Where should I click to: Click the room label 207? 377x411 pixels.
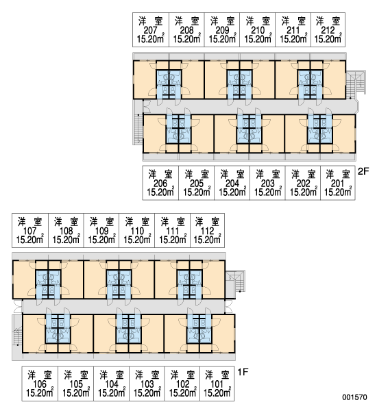pyautogui.click(x=151, y=29)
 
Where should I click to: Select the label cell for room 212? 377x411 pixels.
pyautogui.click(x=328, y=29)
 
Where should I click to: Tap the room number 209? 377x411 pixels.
pyautogui.click(x=222, y=30)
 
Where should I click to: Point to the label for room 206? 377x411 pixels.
pyautogui.click(x=160, y=183)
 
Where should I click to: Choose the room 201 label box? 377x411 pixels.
pyautogui.click(x=338, y=183)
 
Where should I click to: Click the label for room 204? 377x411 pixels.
pyautogui.click(x=232, y=183)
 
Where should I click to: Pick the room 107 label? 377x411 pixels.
pyautogui.click(x=30, y=230)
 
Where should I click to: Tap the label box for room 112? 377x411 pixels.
pyautogui.click(x=207, y=230)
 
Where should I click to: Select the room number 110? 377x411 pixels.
pyautogui.click(x=137, y=232)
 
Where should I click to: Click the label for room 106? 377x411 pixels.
pyautogui.click(x=40, y=384)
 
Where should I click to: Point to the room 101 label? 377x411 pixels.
pyautogui.click(x=217, y=384)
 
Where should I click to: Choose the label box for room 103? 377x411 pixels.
pyautogui.click(x=147, y=384)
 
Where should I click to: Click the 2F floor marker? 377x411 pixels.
pyautogui.click(x=363, y=171)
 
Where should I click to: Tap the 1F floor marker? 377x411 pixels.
pyautogui.click(x=243, y=372)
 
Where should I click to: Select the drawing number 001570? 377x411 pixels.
pyautogui.click(x=354, y=397)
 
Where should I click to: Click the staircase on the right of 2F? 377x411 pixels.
pyautogui.click(x=356, y=82)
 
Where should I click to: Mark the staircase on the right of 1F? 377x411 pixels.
pyautogui.click(x=235, y=282)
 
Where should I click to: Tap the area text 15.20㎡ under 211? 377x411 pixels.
pyautogui.click(x=293, y=39)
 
